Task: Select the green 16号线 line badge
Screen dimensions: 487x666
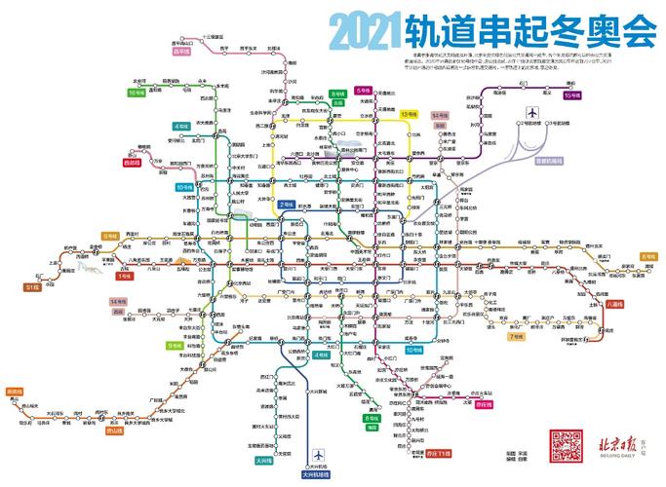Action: coord(137,93)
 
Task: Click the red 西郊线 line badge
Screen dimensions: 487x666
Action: coord(133,162)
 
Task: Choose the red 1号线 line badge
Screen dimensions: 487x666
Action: coord(124,276)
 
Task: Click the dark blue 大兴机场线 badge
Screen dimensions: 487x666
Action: coord(317,473)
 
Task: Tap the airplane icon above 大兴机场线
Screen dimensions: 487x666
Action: coord(317,455)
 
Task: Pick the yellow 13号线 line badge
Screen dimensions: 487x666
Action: coord(410,115)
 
